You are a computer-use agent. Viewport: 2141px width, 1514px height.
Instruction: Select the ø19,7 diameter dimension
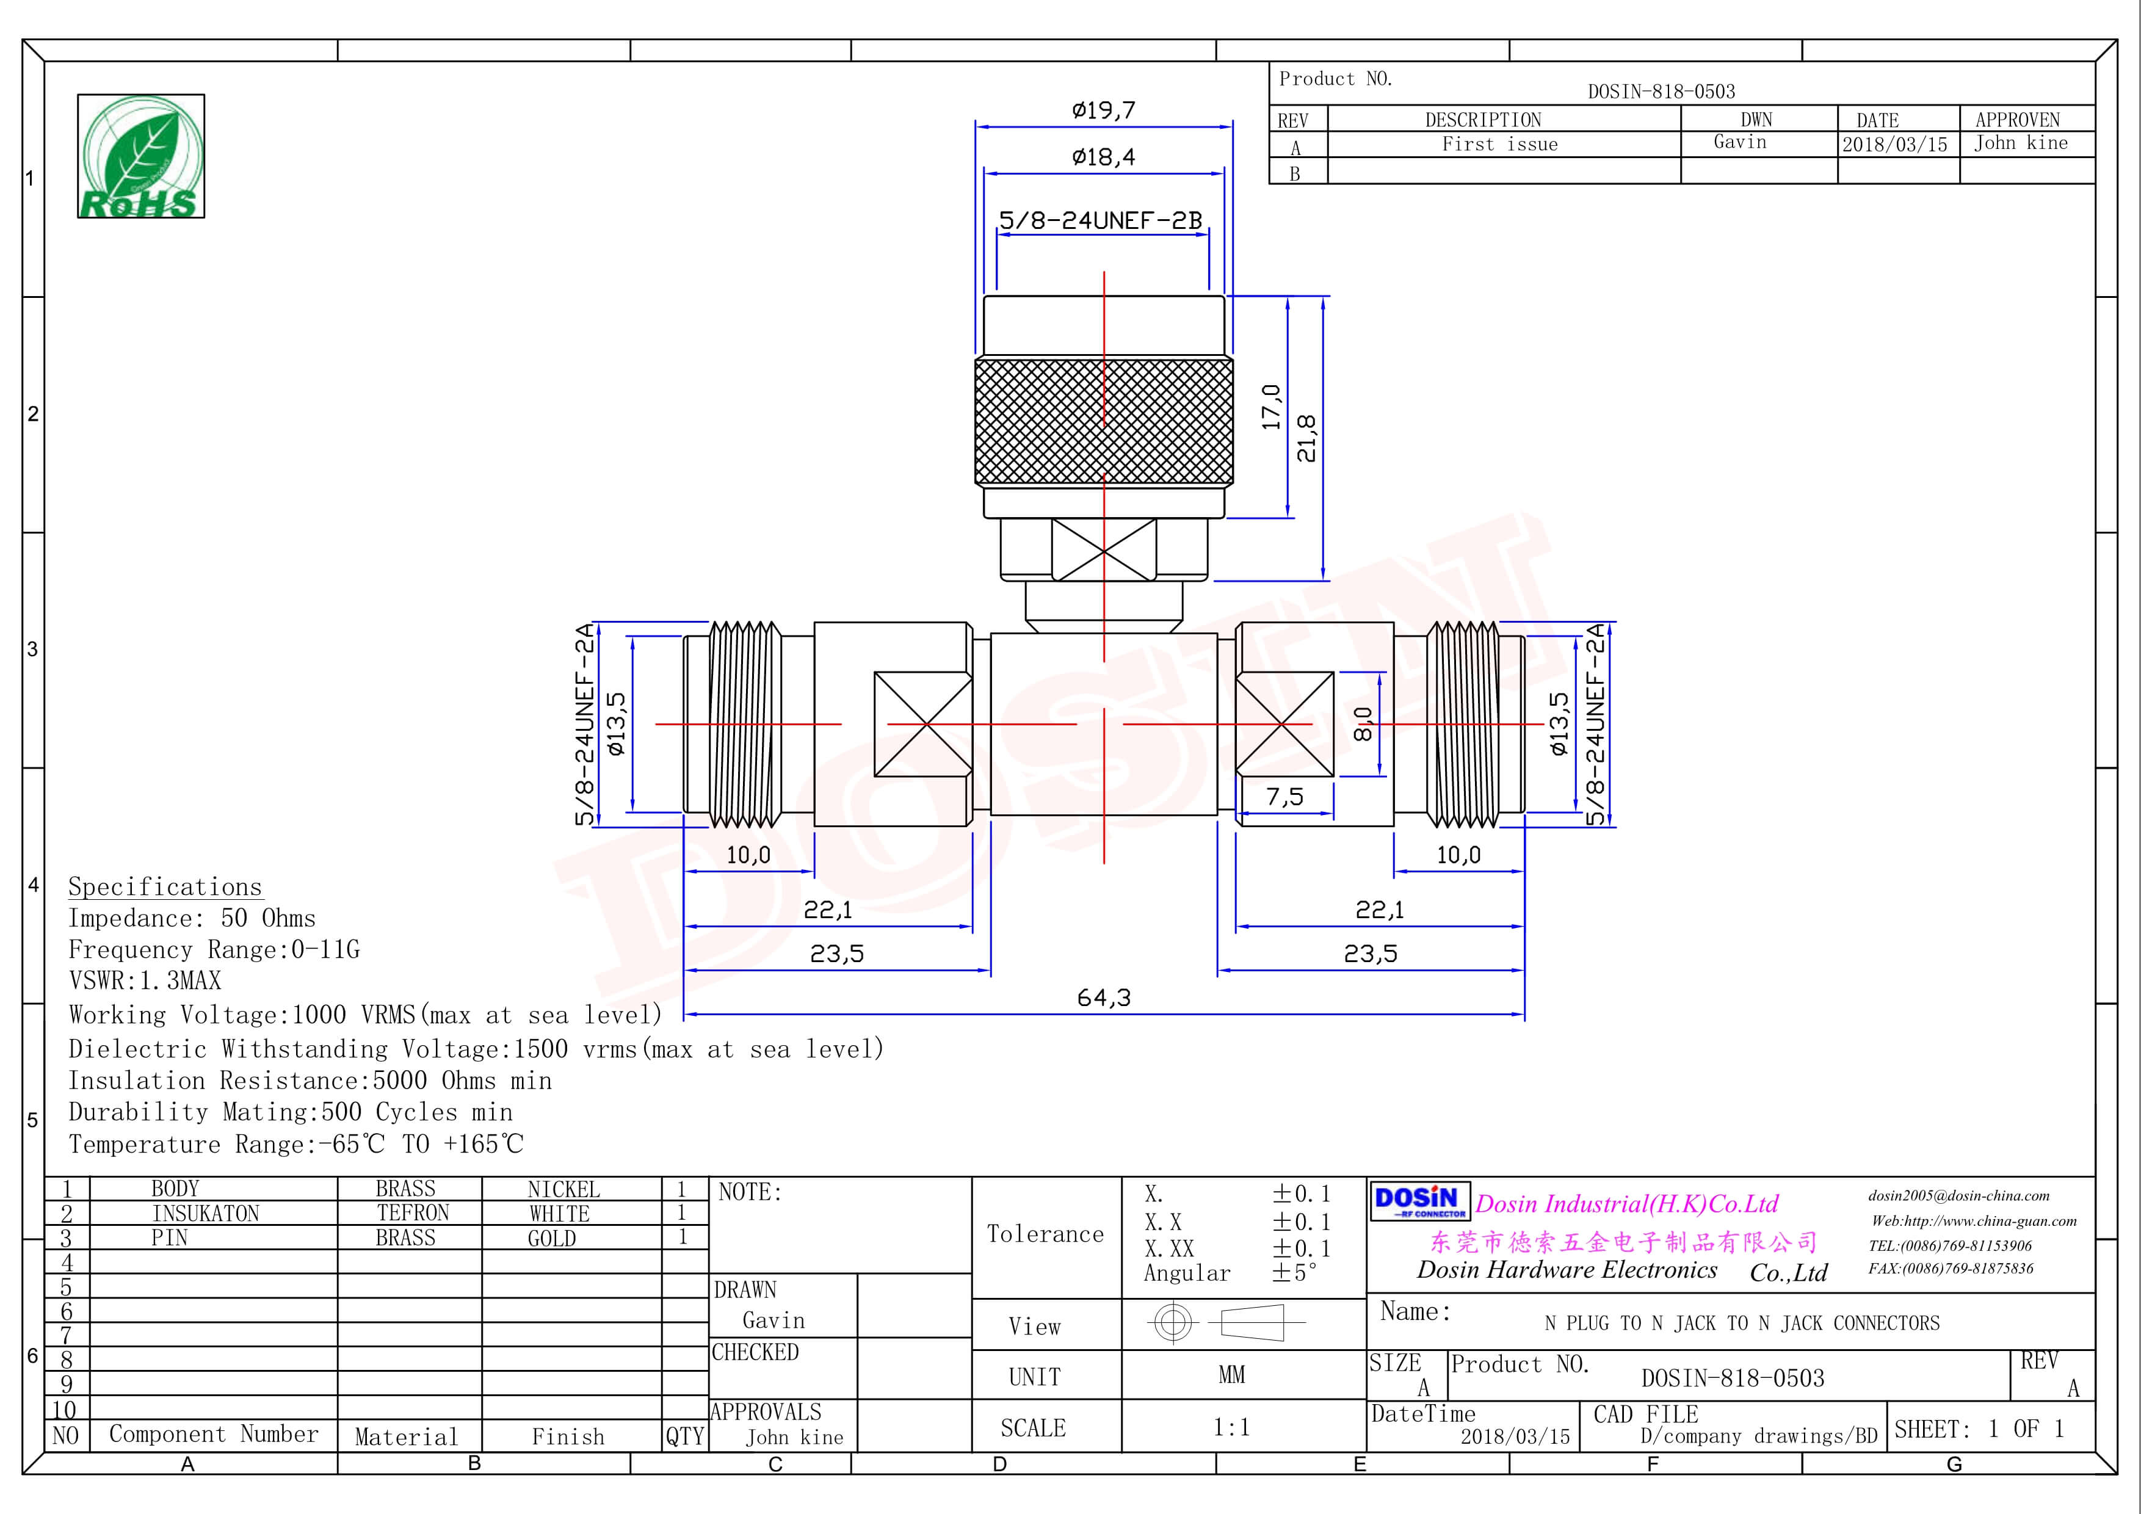point(1103,110)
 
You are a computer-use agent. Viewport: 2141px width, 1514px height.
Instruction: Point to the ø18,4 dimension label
point(1103,157)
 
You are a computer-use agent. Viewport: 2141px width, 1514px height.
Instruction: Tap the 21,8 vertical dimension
point(1306,438)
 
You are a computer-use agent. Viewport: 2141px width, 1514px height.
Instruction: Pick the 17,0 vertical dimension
point(1271,407)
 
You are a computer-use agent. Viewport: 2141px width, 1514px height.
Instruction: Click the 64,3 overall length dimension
point(1103,998)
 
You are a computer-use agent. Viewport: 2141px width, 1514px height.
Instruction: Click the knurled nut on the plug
point(1103,421)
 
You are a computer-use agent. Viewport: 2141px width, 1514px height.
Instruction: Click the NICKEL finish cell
point(563,1190)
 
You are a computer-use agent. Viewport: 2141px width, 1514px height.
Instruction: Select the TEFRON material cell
point(412,1213)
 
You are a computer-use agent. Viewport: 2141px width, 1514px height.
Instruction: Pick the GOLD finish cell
point(551,1238)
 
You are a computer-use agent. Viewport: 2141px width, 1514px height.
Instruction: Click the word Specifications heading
point(165,886)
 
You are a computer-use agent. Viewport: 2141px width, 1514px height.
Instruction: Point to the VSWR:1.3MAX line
point(145,981)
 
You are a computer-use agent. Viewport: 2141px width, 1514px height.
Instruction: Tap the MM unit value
point(1231,1375)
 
